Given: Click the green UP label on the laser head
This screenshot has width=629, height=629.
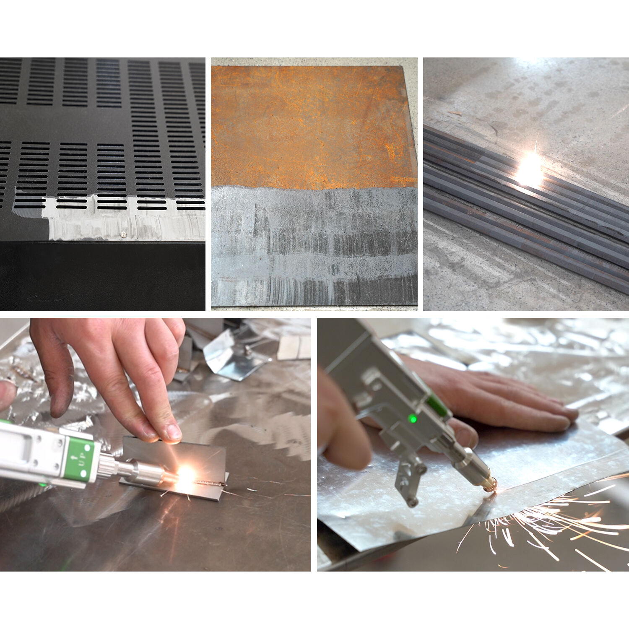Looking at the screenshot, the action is point(80,460).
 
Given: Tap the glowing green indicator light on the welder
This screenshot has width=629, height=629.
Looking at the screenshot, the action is point(413,418).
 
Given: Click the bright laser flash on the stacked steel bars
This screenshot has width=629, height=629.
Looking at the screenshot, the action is point(530,170).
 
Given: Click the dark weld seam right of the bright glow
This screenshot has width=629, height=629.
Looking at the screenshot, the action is point(212,483).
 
